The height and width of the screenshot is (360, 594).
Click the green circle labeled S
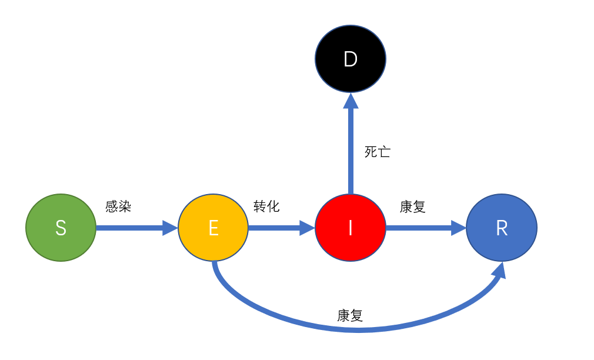(61, 228)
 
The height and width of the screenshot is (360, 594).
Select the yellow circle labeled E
(213, 228)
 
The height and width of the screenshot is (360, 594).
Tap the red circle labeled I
(351, 228)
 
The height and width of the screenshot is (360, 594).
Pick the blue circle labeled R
(502, 228)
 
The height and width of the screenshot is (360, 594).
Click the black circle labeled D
(351, 59)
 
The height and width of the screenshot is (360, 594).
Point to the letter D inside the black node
(351, 59)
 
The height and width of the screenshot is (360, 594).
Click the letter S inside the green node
(61, 228)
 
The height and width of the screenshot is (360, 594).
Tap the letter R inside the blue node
(502, 228)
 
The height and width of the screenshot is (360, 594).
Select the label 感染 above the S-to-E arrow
(118, 206)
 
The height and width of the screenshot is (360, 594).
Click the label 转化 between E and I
(266, 206)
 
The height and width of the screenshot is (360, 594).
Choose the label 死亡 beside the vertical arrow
(377, 152)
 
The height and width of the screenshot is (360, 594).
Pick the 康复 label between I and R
(412, 206)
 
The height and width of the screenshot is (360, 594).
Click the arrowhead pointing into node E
(171, 228)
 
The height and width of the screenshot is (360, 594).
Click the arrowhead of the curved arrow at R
(500, 271)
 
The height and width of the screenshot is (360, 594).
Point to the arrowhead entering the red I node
(308, 228)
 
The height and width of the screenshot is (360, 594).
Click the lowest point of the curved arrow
(359, 330)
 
